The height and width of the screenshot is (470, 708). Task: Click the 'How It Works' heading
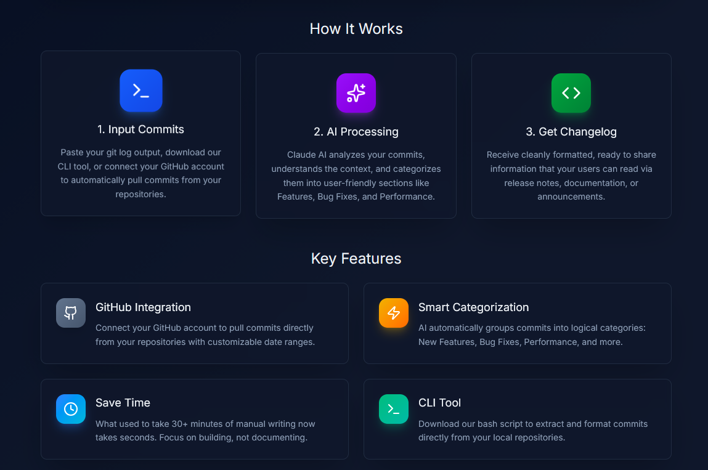click(356, 29)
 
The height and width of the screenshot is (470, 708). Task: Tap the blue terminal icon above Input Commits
click(141, 91)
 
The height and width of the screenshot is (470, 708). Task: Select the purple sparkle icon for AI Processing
click(356, 93)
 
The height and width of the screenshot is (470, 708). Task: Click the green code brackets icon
click(571, 93)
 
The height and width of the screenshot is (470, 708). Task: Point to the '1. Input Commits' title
click(140, 129)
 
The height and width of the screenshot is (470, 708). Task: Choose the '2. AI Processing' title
click(356, 132)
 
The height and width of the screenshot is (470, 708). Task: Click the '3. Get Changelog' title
click(571, 132)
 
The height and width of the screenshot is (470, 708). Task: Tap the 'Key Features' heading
click(356, 259)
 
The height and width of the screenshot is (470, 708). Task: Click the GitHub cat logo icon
click(71, 313)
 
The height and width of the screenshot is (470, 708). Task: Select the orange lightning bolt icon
click(394, 313)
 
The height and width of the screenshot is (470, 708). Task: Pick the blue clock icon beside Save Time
click(71, 409)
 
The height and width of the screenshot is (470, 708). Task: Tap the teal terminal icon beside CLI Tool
click(394, 409)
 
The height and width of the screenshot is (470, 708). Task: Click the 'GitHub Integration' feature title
click(143, 307)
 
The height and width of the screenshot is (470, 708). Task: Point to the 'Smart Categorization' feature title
click(473, 307)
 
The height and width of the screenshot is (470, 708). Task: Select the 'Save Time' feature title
click(123, 403)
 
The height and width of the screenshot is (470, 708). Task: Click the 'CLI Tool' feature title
click(439, 403)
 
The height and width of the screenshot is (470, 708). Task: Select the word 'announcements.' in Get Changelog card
click(571, 197)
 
